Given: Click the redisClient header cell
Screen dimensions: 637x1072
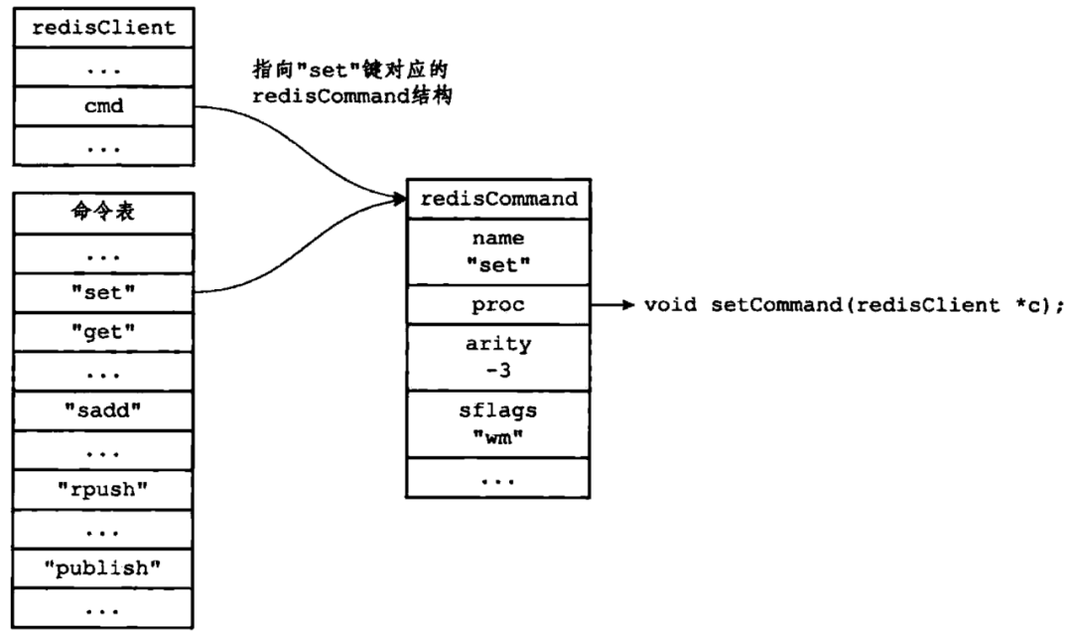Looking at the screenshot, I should tap(101, 27).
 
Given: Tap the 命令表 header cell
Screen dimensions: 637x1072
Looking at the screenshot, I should tap(101, 213).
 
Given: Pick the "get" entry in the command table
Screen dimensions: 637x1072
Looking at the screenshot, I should tap(101, 331).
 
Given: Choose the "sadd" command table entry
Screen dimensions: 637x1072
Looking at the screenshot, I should tap(101, 410).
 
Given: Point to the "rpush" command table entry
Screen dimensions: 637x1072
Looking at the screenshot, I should tap(101, 489).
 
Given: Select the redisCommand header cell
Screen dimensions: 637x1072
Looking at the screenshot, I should tap(498, 198).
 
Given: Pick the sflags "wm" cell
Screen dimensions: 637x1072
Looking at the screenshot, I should tap(498, 422).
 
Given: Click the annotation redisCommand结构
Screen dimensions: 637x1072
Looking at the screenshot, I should tap(352, 98).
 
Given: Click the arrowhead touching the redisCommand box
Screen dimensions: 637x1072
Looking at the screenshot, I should tap(400, 200).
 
